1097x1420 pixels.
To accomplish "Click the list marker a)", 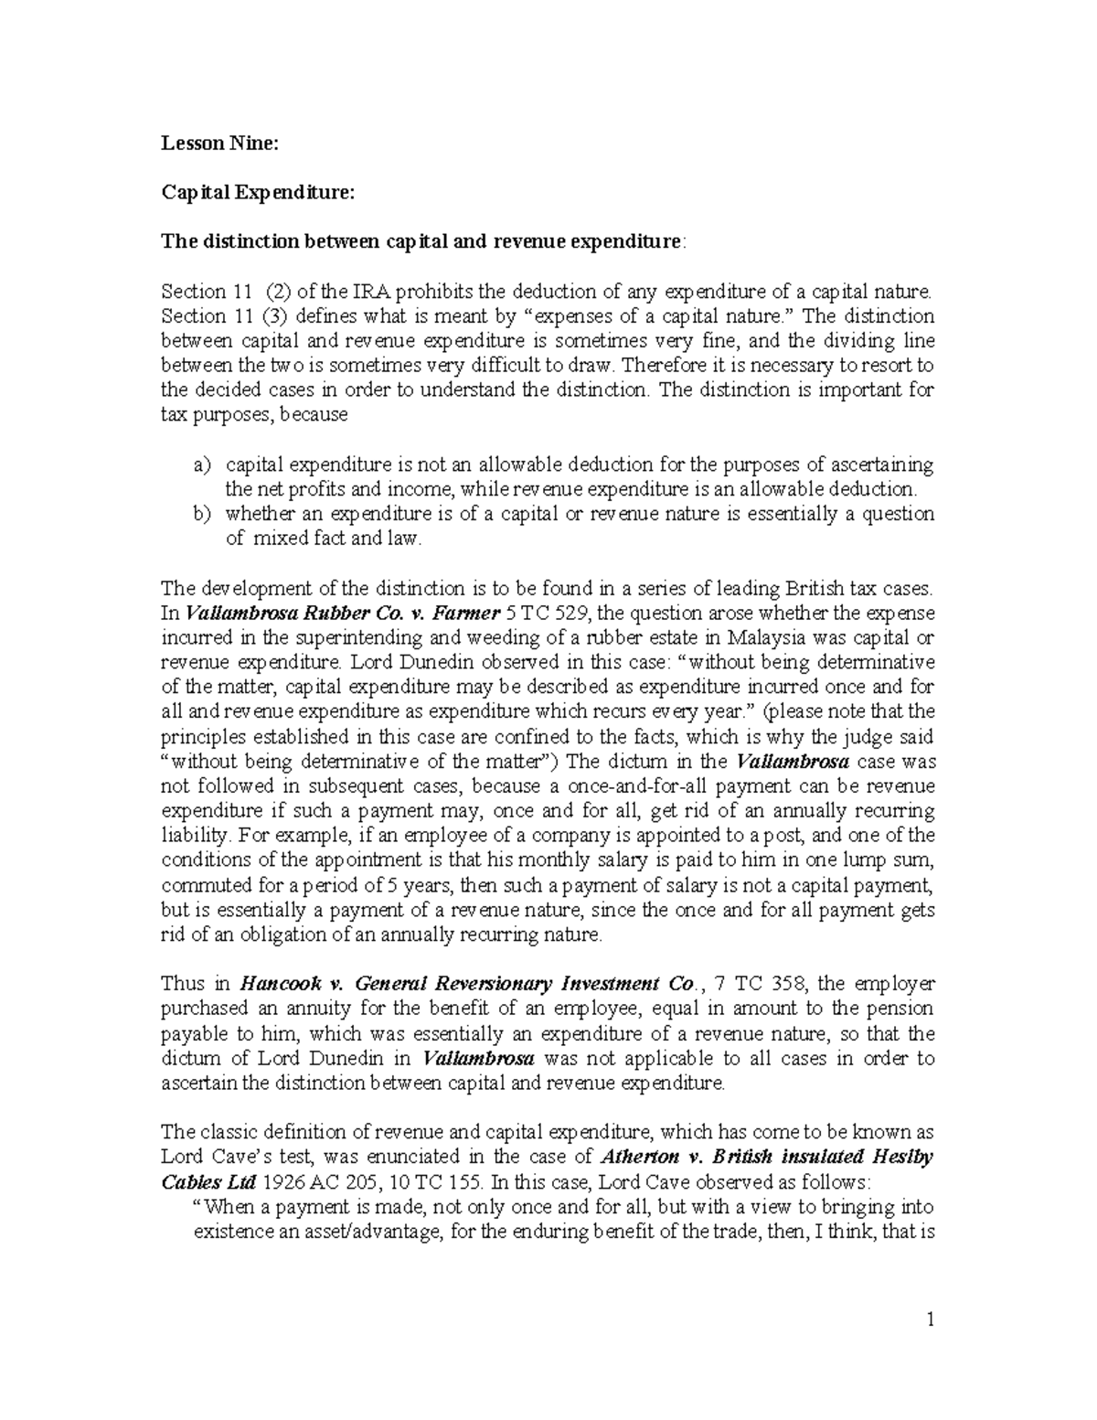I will click(x=202, y=464).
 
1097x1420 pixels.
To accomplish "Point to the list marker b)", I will click(x=202, y=514).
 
